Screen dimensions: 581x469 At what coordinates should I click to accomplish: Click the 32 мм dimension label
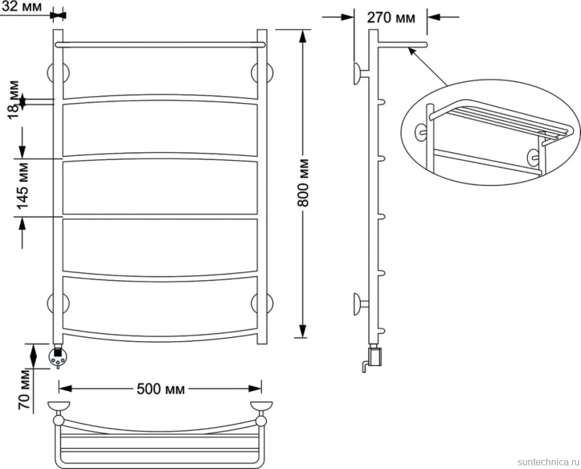(22, 7)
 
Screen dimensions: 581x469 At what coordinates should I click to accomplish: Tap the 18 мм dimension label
(13, 99)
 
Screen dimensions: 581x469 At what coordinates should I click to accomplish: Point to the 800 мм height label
(303, 182)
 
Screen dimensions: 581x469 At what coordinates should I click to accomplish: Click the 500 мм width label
(161, 389)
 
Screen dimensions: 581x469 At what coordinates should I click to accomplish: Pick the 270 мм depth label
(391, 17)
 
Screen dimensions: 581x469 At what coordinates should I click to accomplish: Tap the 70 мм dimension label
(25, 389)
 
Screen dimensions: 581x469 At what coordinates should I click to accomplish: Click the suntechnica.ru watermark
(549, 462)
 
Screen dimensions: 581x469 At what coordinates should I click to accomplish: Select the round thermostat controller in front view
(58, 357)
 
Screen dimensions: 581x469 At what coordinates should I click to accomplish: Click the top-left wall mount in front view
(58, 73)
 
